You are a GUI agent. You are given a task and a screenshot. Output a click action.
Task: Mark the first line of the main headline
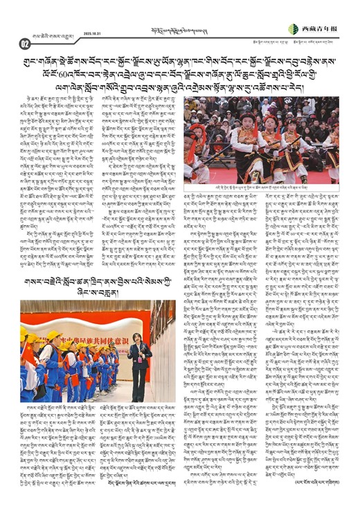tap(180, 60)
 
